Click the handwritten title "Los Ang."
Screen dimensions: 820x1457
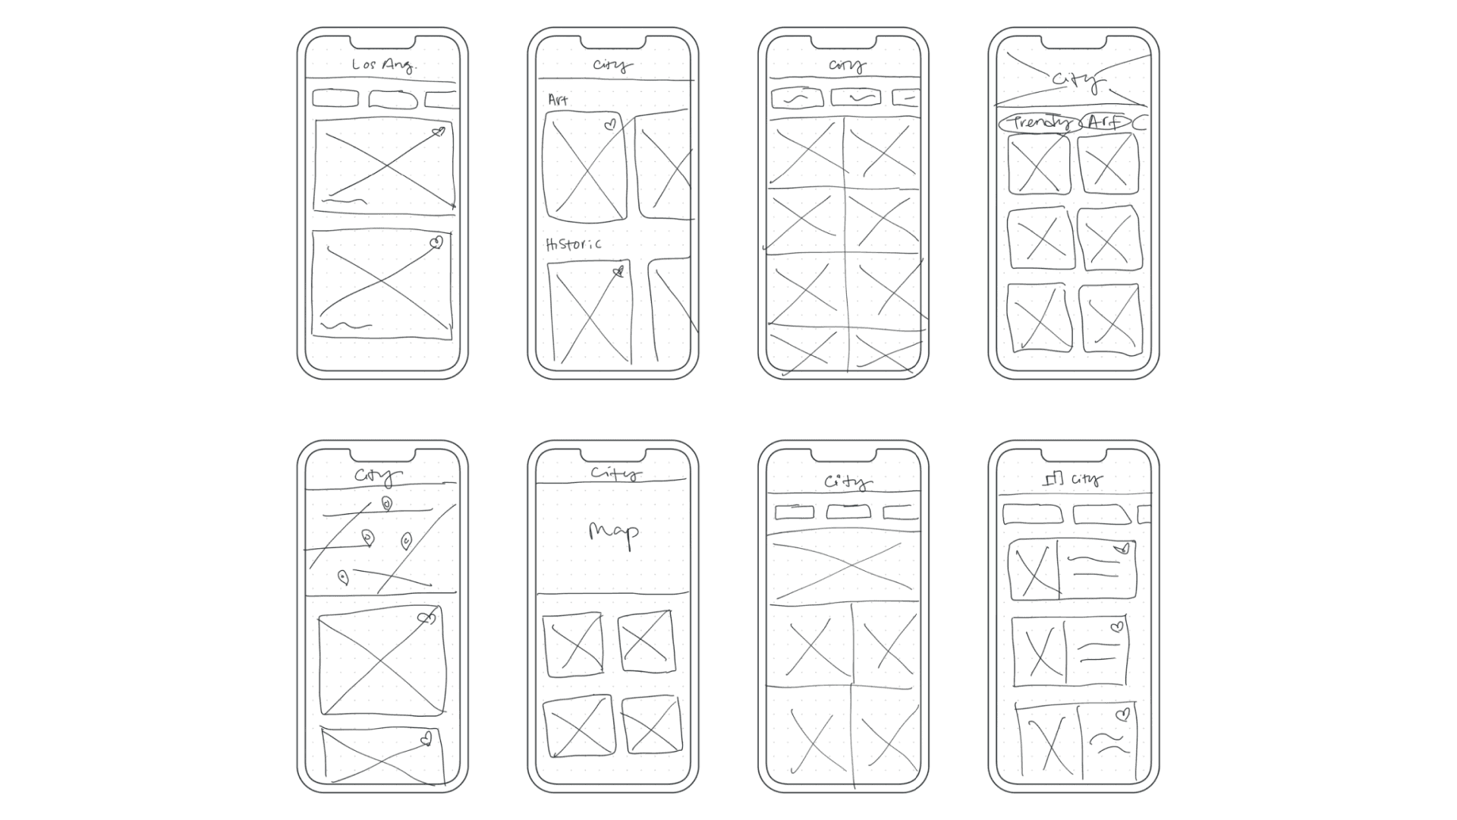pyautogui.click(x=383, y=65)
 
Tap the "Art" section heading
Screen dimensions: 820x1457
pyautogui.click(x=558, y=99)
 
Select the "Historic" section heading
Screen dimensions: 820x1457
pyautogui.click(x=574, y=244)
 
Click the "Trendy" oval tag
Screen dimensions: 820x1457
pyautogui.click(x=1039, y=123)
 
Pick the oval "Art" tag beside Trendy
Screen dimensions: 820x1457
pyautogui.click(x=1105, y=121)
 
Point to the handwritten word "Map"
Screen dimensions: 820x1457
pyautogui.click(x=613, y=532)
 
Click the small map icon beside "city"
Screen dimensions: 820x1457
pyautogui.click(x=1054, y=478)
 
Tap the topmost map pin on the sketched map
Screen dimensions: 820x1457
pyautogui.click(x=386, y=503)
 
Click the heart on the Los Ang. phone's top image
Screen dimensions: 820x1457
pyautogui.click(x=438, y=132)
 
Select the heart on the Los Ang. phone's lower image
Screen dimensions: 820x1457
pyautogui.click(x=436, y=243)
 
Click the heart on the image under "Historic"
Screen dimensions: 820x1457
pyautogui.click(x=618, y=271)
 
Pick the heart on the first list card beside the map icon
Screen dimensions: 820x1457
pyautogui.click(x=1122, y=548)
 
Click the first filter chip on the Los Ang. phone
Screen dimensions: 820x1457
pyautogui.click(x=335, y=98)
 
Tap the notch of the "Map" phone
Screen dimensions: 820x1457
pyautogui.click(x=613, y=454)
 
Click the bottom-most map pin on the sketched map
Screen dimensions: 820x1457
pyautogui.click(x=343, y=579)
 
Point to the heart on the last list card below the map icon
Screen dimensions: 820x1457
pyautogui.click(x=1123, y=714)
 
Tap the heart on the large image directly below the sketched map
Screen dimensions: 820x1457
pyautogui.click(x=426, y=618)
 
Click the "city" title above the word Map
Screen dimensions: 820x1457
pyautogui.click(x=615, y=474)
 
